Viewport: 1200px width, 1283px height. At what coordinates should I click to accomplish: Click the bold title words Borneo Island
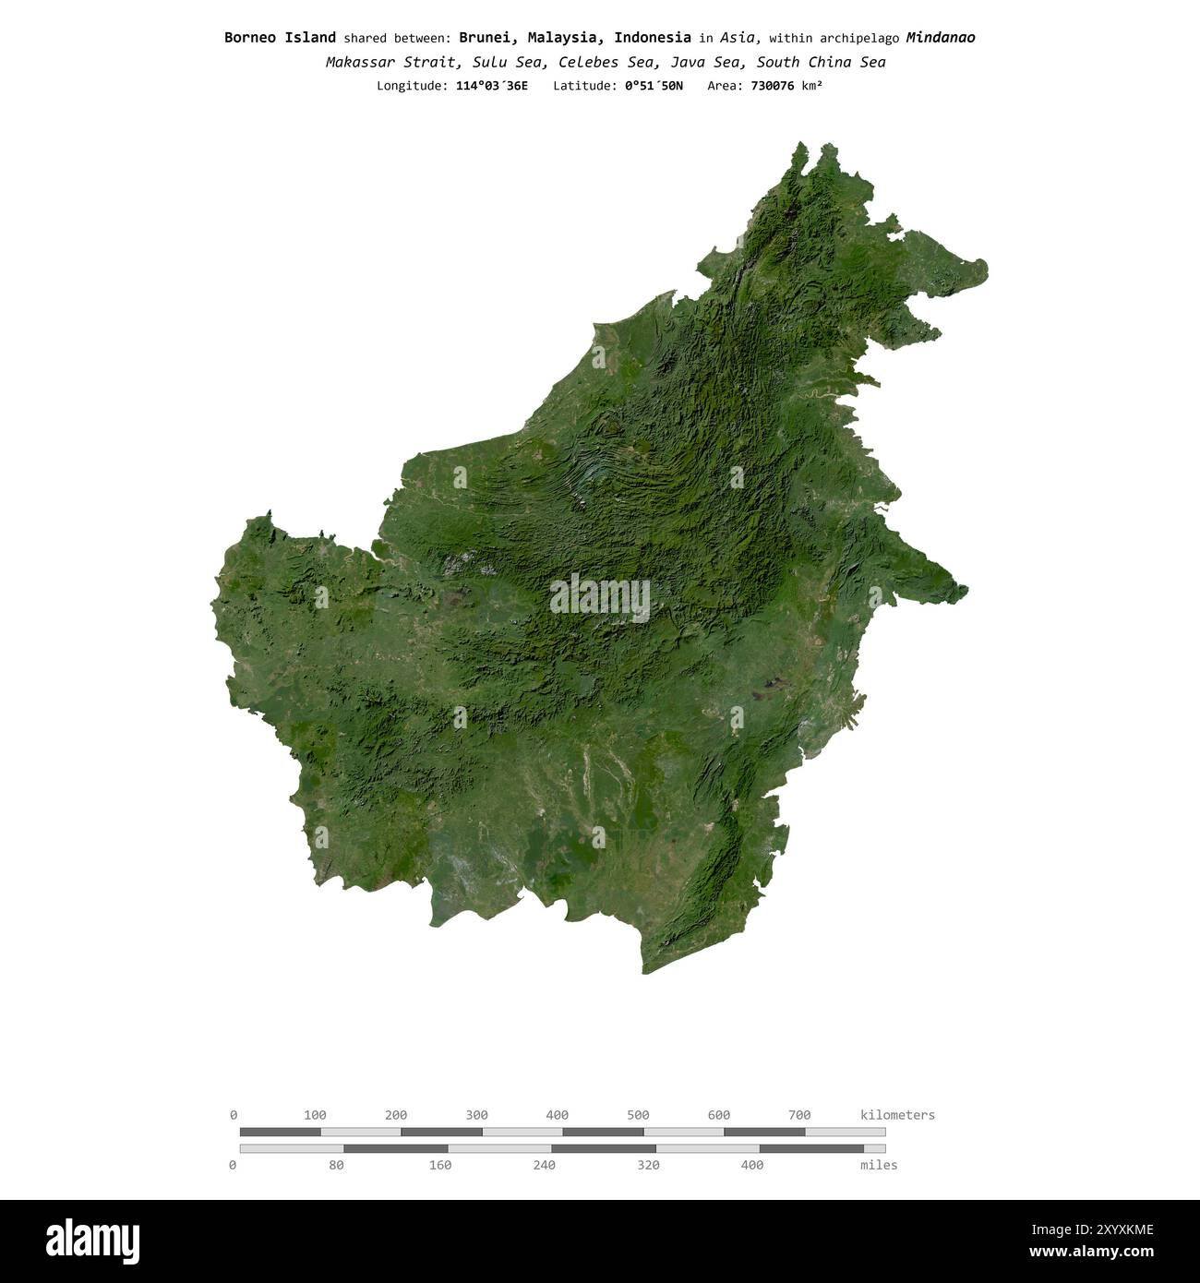280,38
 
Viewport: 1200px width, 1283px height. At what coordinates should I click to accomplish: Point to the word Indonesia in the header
652,38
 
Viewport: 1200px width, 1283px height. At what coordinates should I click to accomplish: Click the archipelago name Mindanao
940,38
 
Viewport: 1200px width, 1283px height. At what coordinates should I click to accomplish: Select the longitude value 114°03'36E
492,86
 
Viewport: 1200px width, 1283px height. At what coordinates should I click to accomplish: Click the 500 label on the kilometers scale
638,1115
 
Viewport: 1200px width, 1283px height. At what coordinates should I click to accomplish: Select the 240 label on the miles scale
544,1166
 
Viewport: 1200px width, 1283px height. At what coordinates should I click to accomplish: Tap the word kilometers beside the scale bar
897,1115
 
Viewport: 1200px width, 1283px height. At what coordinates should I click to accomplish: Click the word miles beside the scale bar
878,1166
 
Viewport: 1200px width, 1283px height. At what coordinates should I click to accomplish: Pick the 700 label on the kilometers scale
799,1115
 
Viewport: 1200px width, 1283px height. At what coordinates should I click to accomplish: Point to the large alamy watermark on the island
600,598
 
